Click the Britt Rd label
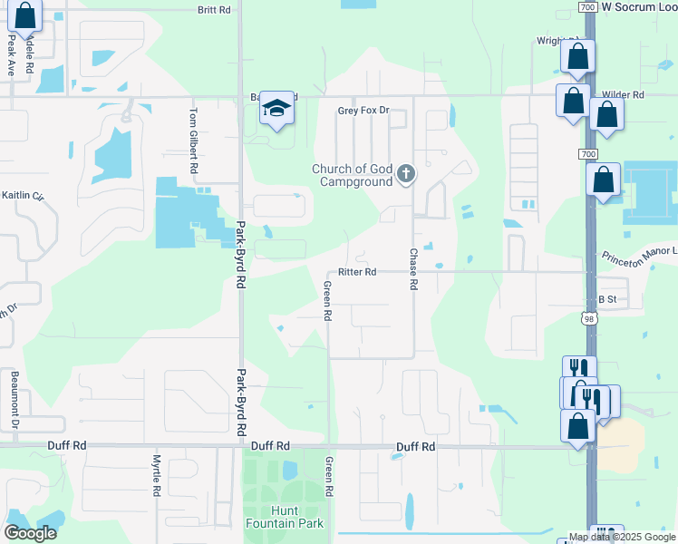[215, 10]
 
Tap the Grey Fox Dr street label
[363, 111]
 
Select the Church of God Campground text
[353, 175]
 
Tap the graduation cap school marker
[277, 109]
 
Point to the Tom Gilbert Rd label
[193, 141]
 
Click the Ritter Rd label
[356, 272]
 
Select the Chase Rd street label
[413, 269]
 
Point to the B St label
[606, 298]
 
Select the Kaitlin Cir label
[22, 195]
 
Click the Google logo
[30, 532]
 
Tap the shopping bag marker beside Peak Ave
[25, 15]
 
